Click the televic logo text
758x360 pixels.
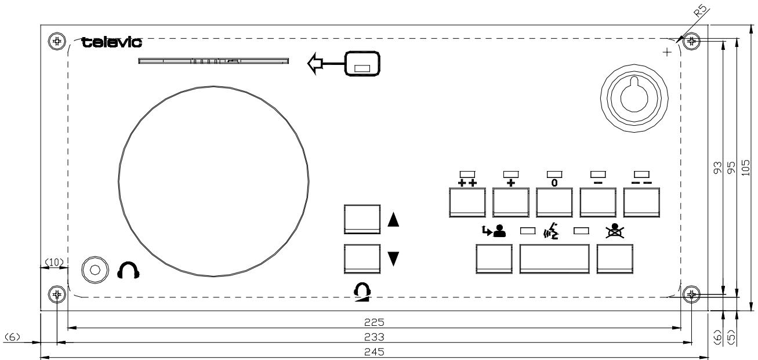point(113,43)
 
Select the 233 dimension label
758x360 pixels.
point(374,336)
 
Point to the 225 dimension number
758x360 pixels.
point(374,321)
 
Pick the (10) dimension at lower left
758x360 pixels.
point(53,263)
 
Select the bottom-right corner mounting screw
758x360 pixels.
point(690,295)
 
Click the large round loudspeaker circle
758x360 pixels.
point(214,181)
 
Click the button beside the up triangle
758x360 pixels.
point(362,219)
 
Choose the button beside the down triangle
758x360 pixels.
point(362,259)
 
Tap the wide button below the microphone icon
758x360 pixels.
point(554,258)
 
